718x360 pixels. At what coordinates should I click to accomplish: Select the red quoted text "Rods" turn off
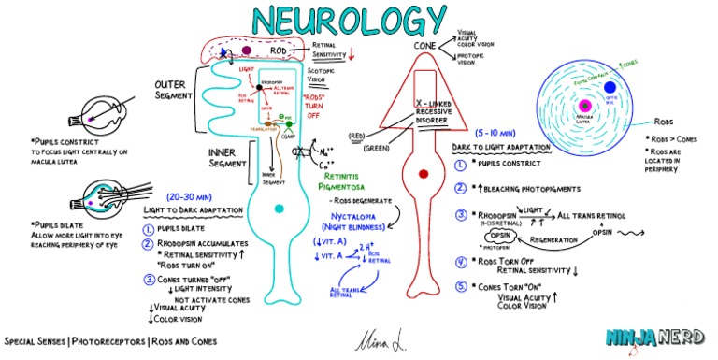tap(324, 105)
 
